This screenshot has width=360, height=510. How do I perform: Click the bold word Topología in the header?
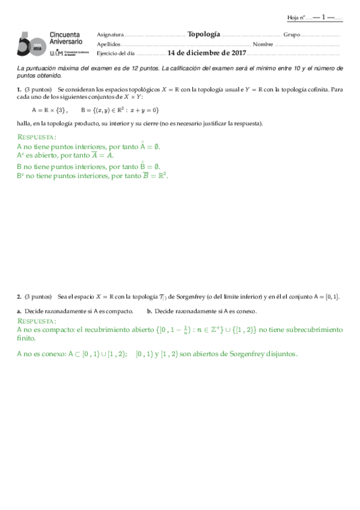[x=204, y=34]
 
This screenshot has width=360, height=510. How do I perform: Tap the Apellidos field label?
[x=108, y=45]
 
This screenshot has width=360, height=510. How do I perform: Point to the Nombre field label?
[x=263, y=45]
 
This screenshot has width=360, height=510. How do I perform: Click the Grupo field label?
[x=291, y=35]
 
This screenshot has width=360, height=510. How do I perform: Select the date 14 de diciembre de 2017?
[x=207, y=54]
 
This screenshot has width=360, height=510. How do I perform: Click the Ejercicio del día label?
[x=116, y=54]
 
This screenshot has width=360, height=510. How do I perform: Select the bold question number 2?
[x=19, y=296]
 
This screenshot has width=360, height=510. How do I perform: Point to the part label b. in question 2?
[x=149, y=311]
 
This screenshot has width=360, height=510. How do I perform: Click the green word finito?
[x=26, y=339]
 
